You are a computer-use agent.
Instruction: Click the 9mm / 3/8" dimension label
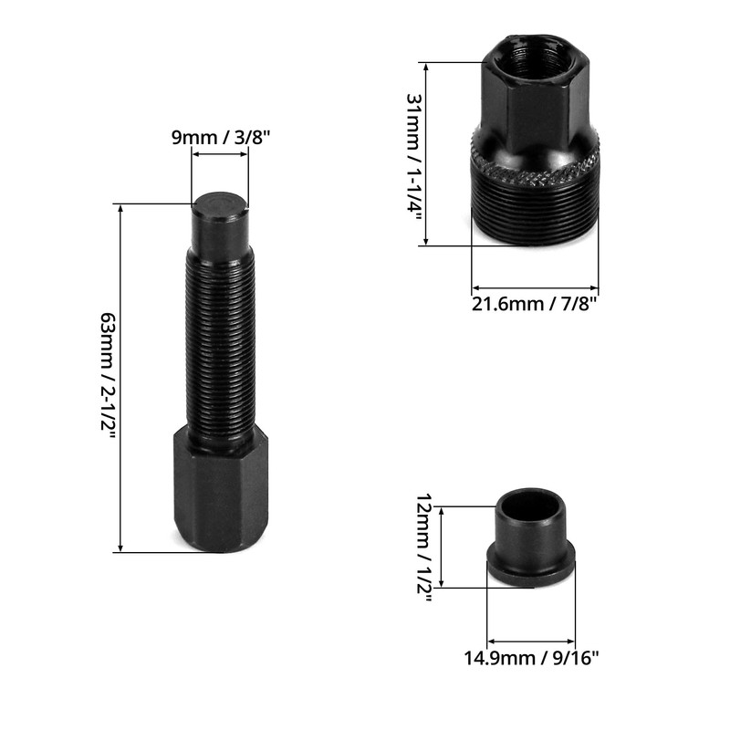coord(220,139)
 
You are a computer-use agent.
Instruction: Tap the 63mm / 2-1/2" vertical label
coord(107,376)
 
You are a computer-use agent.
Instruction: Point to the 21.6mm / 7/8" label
coord(535,303)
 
